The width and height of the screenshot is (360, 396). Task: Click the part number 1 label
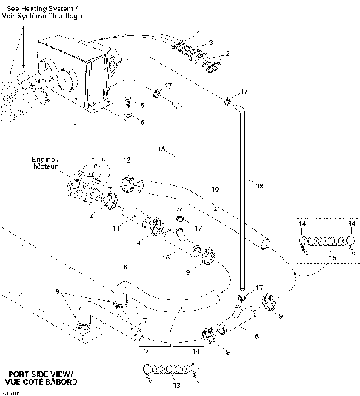[75, 127]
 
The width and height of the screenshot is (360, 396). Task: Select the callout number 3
[211, 43]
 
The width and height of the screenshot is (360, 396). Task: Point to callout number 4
[198, 33]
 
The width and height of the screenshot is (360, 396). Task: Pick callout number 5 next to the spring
[142, 106]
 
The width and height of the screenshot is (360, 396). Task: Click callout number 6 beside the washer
[142, 122]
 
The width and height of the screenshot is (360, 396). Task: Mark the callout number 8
[125, 267]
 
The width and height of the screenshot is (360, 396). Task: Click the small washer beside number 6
[127, 118]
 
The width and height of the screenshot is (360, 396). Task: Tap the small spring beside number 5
[128, 102]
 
